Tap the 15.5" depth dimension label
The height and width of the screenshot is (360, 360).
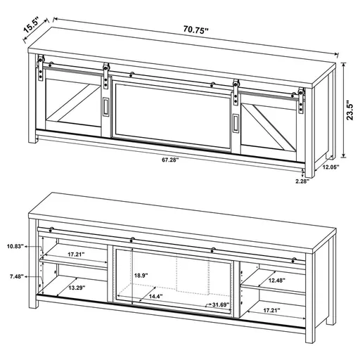(x=30, y=25)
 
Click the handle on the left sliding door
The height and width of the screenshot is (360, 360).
(x=105, y=107)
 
